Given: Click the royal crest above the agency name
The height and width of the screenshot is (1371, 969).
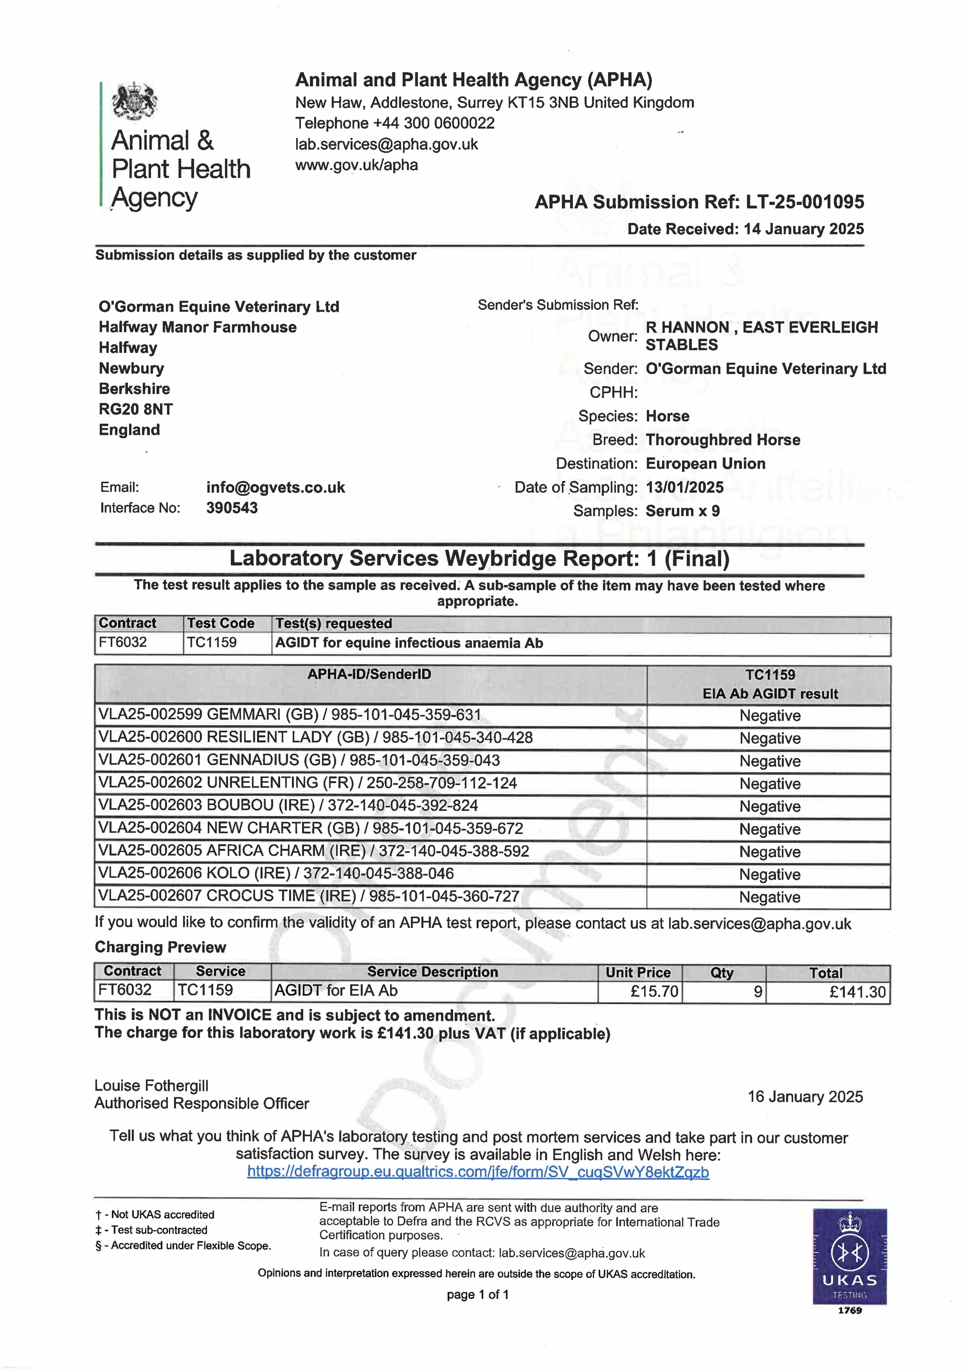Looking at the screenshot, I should point(135,101).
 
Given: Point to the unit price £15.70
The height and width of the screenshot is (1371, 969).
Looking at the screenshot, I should point(654,992).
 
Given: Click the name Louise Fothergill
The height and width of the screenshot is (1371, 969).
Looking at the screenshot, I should point(151,1086).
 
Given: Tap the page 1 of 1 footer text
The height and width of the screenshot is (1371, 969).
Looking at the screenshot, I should point(478,1294).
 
